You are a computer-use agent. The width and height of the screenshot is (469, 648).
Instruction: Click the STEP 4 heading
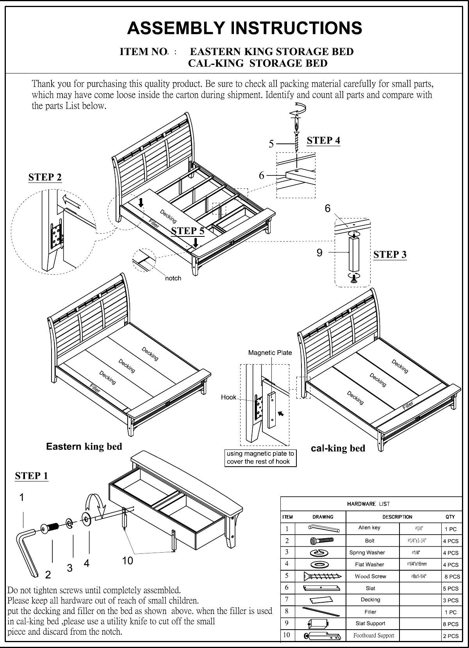coord(323,140)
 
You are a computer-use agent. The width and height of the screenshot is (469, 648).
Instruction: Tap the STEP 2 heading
coord(45,177)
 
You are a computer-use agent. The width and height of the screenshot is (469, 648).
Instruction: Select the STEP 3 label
coord(390,254)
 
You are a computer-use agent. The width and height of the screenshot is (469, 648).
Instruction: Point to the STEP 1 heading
coord(31,476)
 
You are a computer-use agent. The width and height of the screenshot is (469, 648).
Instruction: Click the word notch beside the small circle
coord(173,278)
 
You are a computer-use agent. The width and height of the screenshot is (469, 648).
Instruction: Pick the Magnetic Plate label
coord(270,353)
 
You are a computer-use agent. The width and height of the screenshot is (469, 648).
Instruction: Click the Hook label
coord(228,397)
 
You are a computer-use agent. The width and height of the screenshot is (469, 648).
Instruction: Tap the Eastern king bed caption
coord(84,446)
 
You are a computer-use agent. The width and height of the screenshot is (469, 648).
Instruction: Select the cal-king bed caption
coord(338,448)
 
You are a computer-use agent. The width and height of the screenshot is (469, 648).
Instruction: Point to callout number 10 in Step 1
coord(127,561)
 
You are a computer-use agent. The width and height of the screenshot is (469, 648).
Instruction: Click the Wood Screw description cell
coord(370,576)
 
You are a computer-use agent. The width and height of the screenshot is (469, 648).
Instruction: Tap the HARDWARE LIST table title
coord(368,504)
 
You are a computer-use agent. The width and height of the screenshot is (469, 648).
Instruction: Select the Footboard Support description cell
coord(373,635)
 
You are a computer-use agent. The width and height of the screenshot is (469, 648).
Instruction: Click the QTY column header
coord(450,517)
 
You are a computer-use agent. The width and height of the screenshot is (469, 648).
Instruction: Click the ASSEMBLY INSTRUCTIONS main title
coord(245,28)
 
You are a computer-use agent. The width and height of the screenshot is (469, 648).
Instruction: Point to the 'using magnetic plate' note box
coord(260,458)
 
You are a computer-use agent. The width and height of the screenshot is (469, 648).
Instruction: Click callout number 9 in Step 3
coord(319,253)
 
